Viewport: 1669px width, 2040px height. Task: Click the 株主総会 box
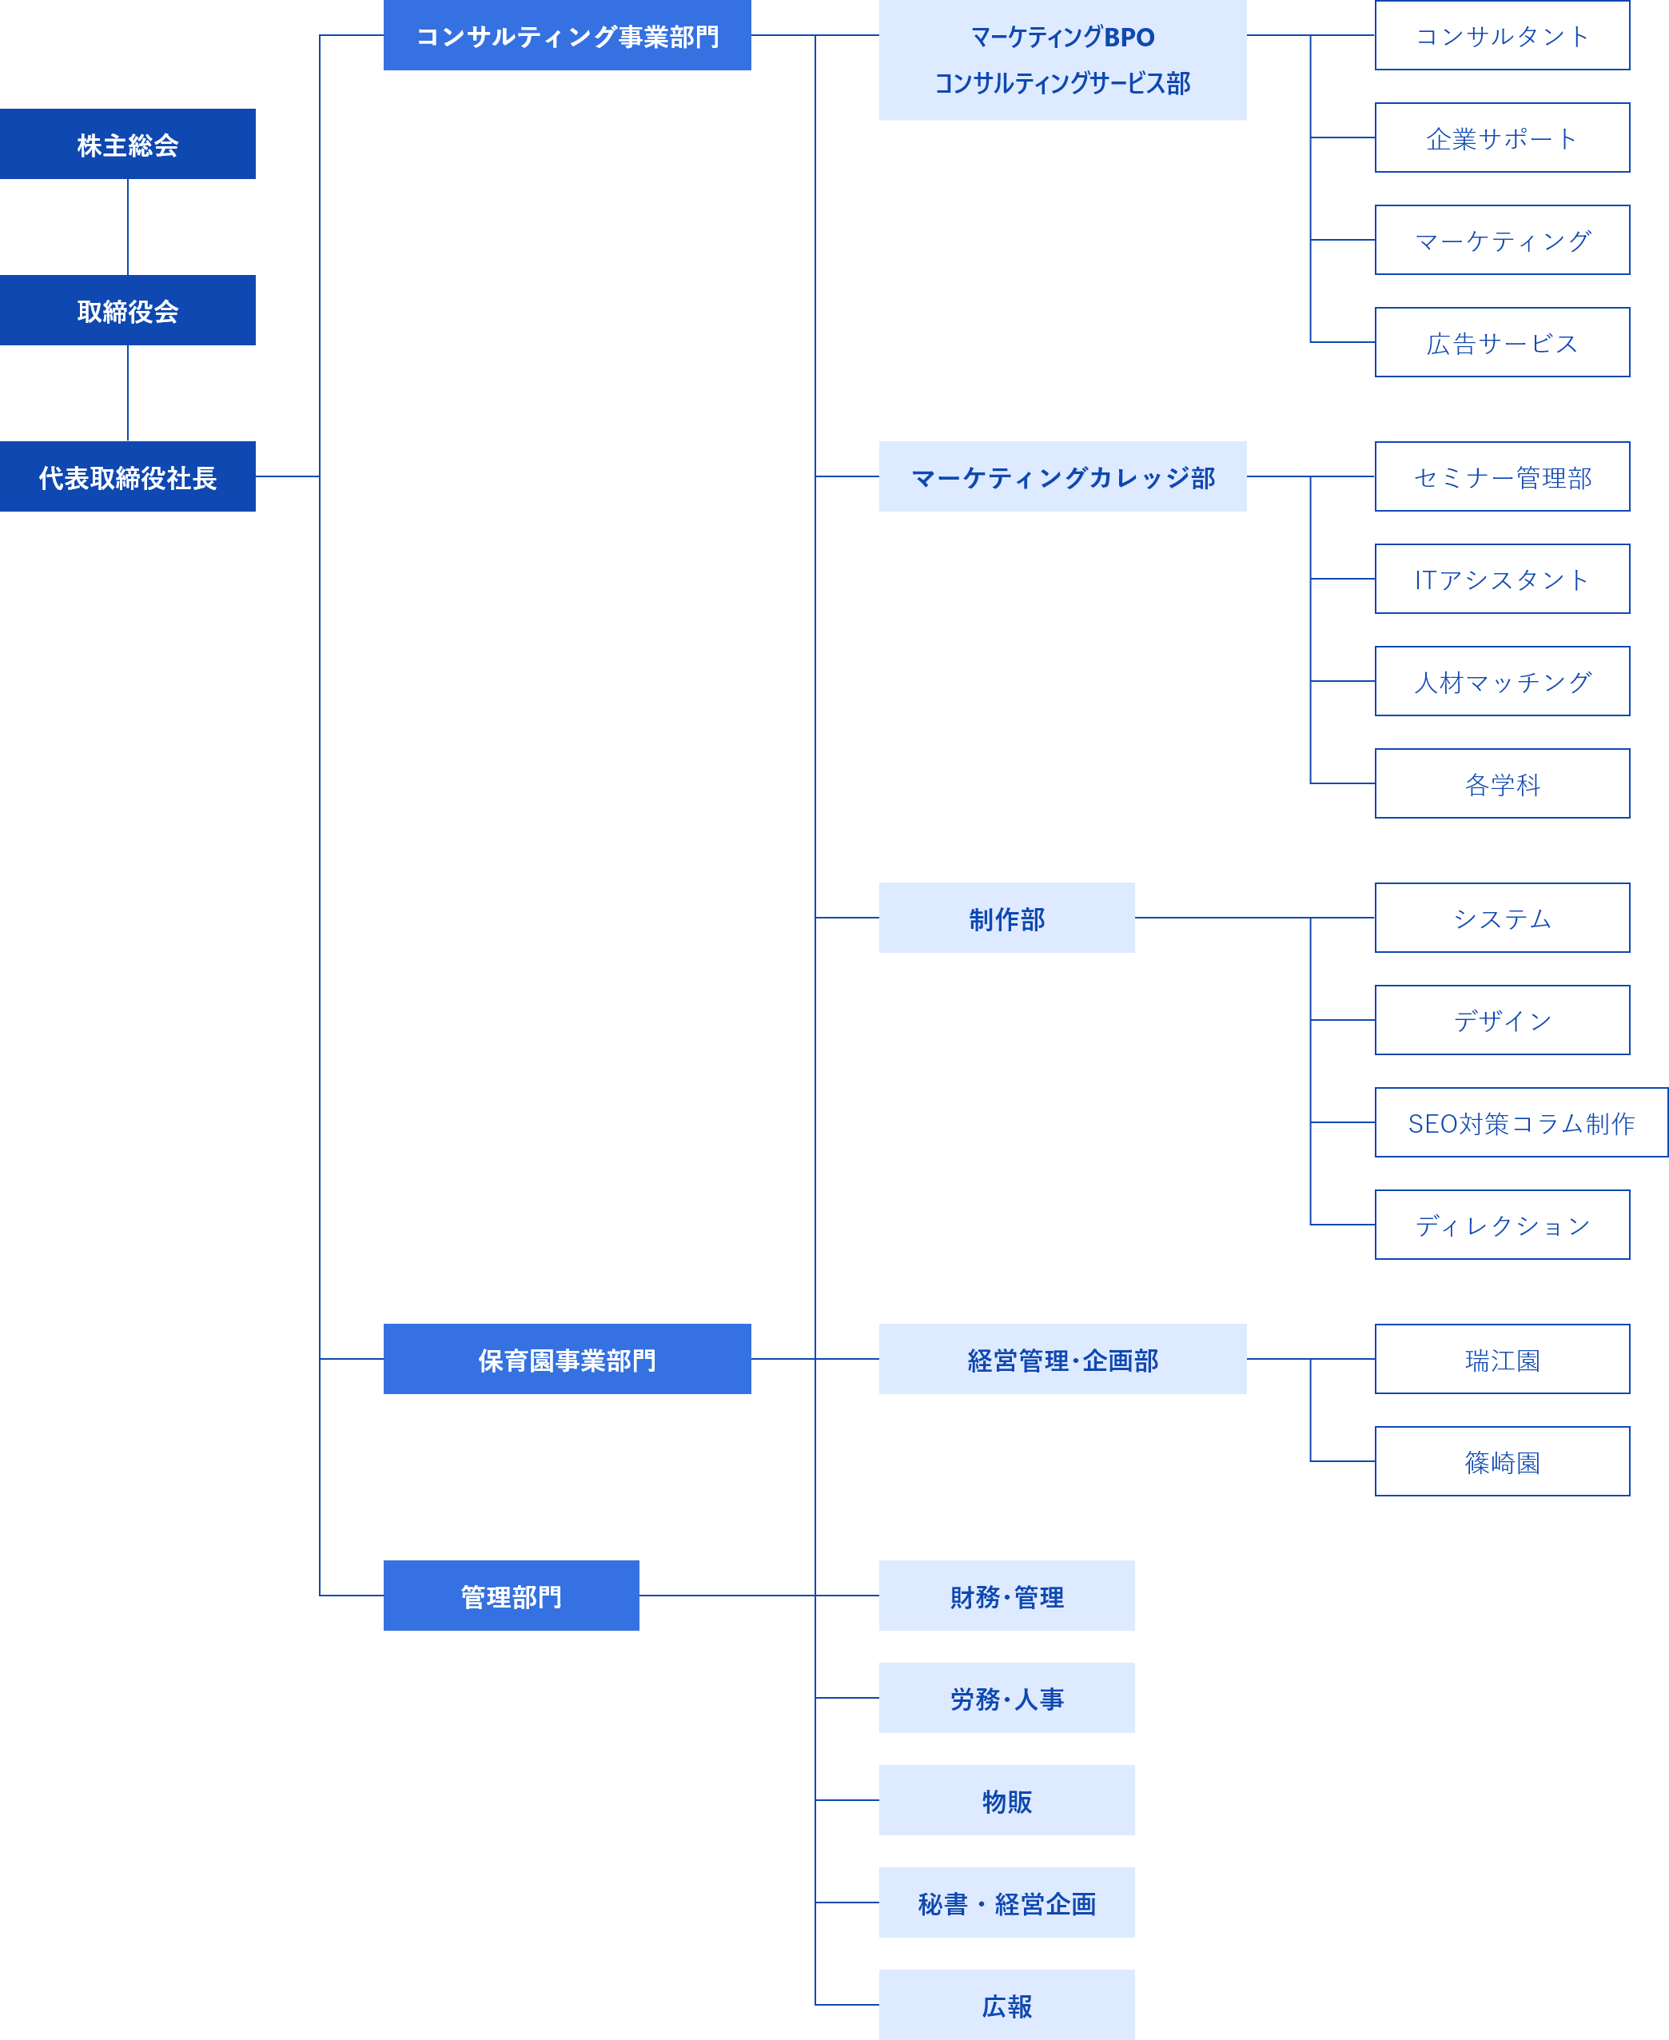coord(128,144)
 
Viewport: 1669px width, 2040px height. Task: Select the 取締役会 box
coord(128,310)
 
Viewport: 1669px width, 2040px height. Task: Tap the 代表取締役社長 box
coord(128,477)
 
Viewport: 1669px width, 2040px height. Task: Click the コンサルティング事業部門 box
coord(568,35)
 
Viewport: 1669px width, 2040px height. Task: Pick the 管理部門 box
coord(512,1595)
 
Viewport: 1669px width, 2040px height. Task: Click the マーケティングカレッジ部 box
coord(1062,477)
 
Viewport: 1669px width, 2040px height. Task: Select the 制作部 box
coord(1006,918)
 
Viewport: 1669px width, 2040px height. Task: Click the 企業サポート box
coord(1502,137)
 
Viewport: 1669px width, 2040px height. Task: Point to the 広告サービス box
coord(1502,342)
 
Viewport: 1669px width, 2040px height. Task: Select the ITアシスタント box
coord(1502,579)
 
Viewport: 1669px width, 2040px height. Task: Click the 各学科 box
coord(1502,783)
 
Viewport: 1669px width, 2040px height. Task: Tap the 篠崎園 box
coord(1502,1461)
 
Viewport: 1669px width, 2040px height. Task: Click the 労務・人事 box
coord(1006,1698)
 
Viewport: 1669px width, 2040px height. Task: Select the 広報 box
coord(1006,2005)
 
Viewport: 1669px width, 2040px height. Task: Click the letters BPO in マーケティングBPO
coord(1129,38)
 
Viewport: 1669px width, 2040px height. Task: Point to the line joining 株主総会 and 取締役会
coord(128,227)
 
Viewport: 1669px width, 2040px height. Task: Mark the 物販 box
coord(1006,1799)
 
